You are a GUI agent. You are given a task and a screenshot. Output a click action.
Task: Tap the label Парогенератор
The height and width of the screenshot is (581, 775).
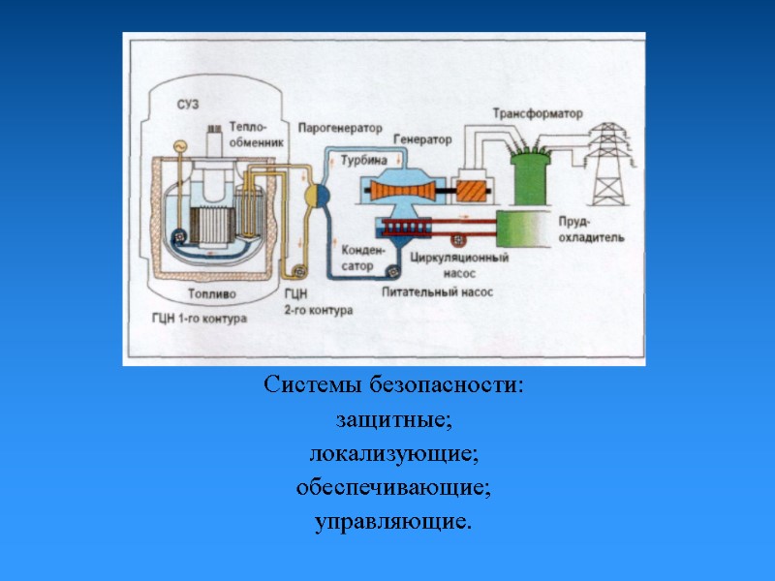(339, 128)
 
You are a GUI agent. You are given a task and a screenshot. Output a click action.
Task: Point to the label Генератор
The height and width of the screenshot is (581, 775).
(423, 140)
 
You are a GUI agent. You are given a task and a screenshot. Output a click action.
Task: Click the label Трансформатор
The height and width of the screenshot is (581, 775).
(538, 113)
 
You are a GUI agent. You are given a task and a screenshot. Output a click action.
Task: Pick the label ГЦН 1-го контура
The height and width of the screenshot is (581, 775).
(199, 317)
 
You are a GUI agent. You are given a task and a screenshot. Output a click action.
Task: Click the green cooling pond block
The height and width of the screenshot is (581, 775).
(523, 230)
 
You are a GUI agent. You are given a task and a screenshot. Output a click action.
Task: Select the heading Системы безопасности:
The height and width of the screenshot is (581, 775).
(393, 385)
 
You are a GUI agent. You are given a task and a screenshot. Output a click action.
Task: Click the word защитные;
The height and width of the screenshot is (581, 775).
(393, 421)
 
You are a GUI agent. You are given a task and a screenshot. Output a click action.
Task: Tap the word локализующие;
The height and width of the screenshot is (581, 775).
(393, 454)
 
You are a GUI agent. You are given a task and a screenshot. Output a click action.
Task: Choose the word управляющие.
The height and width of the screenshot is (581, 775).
(393, 523)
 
